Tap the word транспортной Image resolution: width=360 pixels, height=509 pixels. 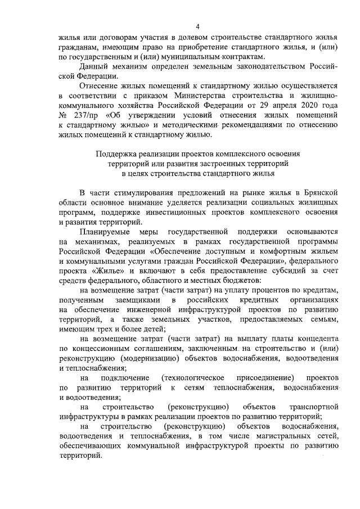tap(312, 407)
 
